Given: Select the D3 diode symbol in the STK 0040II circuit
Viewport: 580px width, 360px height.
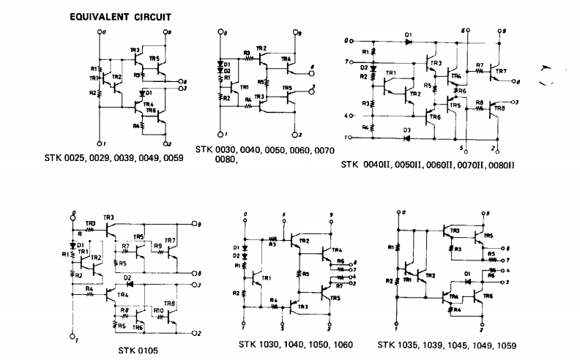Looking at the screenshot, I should [408, 137].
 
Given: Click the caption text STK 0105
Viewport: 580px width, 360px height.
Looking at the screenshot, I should [138, 350].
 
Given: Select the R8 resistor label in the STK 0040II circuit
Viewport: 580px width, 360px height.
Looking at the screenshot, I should [479, 103].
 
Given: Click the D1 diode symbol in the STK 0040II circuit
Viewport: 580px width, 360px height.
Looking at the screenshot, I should [408, 41].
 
